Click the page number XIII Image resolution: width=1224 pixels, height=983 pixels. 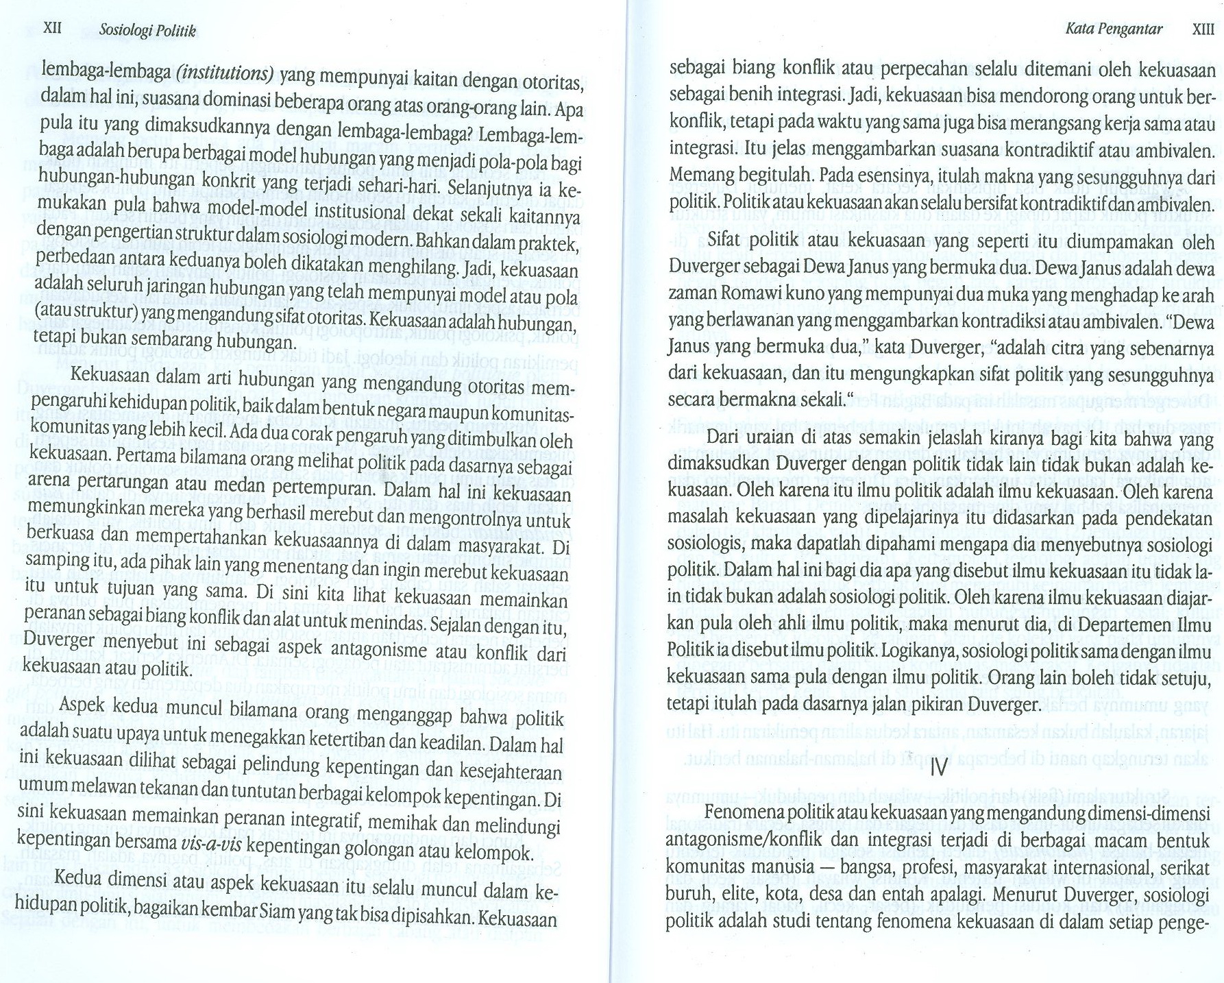tap(1203, 29)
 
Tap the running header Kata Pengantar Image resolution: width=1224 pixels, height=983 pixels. tap(1114, 29)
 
